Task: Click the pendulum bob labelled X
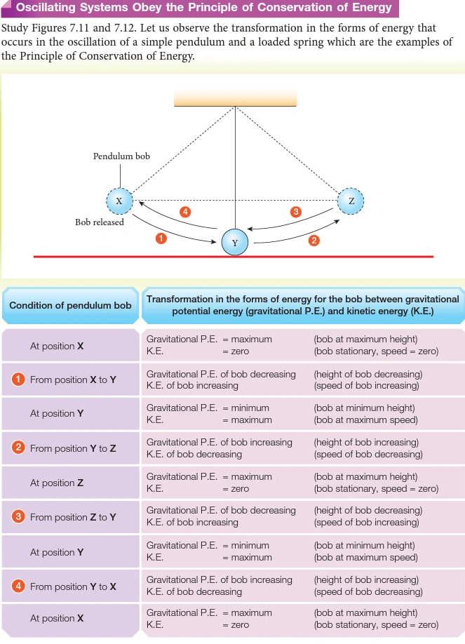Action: coord(119,201)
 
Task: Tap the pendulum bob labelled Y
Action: coord(234,242)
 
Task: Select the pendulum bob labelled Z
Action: coord(351,201)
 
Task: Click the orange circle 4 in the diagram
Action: coord(185,212)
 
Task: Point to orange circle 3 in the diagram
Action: coord(295,212)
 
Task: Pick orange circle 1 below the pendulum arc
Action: coord(161,239)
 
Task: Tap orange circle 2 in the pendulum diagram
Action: coord(314,240)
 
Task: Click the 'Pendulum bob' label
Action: coord(121,156)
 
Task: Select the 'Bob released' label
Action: coord(100,222)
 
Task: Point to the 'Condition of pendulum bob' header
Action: coord(70,305)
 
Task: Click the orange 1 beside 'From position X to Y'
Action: coord(18,379)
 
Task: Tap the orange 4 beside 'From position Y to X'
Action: coord(18,586)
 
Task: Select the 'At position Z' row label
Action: coord(57,483)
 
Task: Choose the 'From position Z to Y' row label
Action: coord(73,517)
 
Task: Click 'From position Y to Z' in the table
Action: coord(73,448)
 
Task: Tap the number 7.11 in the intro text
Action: coord(79,28)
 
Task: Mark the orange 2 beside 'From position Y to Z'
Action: coord(18,448)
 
